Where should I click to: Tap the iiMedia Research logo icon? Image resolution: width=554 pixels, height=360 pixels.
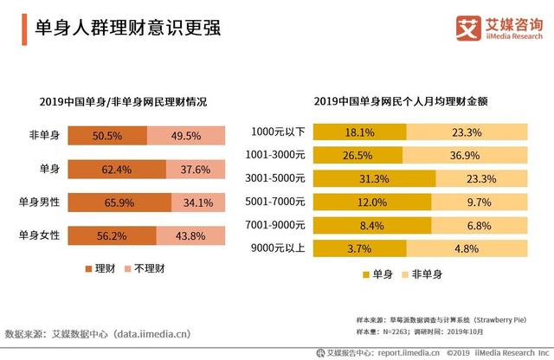[x=468, y=28]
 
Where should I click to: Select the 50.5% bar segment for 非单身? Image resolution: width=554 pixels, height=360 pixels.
[x=106, y=136]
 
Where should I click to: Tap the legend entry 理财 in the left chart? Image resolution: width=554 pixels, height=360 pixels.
[x=98, y=268]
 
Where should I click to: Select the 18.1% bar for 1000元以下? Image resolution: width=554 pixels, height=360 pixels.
[x=359, y=132]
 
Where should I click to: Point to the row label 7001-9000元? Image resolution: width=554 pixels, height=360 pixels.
[x=277, y=226]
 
